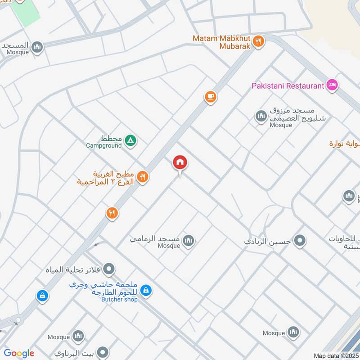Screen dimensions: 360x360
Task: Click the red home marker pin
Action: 180,162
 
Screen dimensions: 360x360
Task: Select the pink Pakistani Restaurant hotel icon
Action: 332,85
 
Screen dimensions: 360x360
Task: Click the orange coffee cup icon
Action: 210,96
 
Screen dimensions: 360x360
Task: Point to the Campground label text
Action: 104,145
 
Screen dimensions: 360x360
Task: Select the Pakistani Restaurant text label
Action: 288,85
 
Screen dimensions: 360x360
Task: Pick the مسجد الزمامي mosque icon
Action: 189,241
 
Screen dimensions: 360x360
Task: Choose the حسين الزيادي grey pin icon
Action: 299,241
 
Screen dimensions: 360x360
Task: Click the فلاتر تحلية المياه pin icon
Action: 109,270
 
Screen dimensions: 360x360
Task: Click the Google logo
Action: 19,353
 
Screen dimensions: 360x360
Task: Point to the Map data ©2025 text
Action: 335,356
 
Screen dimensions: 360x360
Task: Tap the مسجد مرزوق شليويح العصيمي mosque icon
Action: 261,117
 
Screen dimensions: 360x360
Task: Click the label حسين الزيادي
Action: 268,241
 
